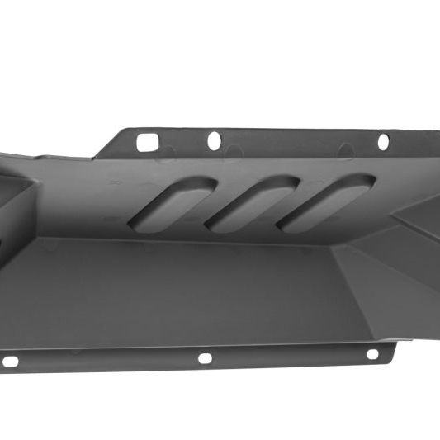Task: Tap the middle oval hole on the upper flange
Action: [214, 141]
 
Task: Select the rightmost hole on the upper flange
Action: [384, 141]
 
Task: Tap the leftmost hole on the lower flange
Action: [10, 361]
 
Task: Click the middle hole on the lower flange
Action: [203, 358]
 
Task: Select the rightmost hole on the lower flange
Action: [372, 354]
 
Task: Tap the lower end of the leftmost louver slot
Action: [142, 221]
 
